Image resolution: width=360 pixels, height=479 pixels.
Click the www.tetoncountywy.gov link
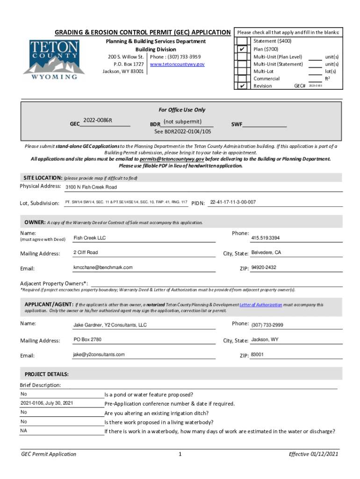coord(177,64)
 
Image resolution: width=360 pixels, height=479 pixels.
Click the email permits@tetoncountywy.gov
coord(172,159)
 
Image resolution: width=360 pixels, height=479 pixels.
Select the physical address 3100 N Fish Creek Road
coord(91,187)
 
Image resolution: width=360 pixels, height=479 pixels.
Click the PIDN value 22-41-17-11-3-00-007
coord(233,202)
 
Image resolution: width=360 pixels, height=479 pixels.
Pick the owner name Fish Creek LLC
coord(90,238)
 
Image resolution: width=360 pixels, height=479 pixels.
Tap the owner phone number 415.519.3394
coord(266,238)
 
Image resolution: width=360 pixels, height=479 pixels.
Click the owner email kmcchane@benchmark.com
coord(103,268)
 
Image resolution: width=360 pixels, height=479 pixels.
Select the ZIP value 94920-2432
coord(264,268)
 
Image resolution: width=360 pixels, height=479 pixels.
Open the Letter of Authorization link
coord(260,305)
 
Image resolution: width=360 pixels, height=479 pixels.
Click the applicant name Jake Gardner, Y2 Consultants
coord(110,325)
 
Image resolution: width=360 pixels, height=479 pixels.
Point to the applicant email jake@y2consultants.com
coord(99,355)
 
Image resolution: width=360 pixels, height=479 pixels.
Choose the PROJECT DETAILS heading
coord(47,375)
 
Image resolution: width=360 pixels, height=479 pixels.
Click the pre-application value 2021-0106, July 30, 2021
coord(47,403)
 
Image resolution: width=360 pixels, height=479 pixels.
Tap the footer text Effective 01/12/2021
coord(314,454)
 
